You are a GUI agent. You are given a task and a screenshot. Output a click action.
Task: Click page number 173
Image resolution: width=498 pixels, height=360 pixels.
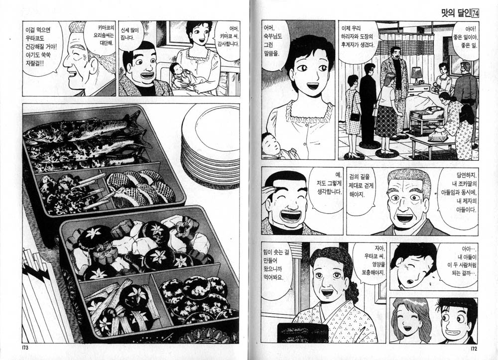click(25, 347)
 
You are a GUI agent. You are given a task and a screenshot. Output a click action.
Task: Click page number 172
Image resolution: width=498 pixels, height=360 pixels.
click(474, 349)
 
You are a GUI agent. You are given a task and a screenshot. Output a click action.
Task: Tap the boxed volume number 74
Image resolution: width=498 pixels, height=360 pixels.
click(476, 13)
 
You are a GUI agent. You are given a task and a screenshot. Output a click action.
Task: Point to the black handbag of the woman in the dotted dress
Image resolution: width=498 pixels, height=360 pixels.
click(355, 116)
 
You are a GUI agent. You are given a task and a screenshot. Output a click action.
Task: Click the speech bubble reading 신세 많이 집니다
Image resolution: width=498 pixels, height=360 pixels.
click(130, 34)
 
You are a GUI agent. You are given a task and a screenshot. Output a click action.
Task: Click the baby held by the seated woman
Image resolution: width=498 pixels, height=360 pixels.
click(178, 76)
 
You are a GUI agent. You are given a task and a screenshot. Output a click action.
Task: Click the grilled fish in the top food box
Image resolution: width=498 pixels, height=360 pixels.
click(86, 140)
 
